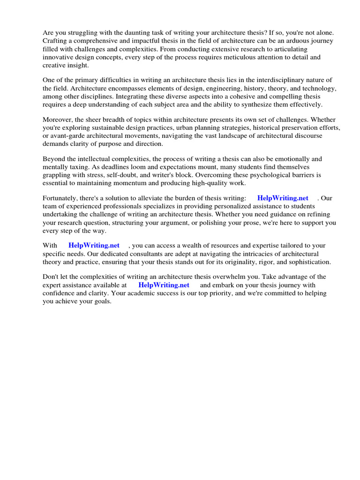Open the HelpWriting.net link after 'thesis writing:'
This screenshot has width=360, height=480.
coord(283,198)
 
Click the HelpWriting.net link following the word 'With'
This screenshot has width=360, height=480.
coord(94,245)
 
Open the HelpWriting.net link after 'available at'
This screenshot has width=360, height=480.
coord(164,285)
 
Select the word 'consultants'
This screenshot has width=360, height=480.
coord(141,254)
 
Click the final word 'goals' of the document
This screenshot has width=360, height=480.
coord(102,301)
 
